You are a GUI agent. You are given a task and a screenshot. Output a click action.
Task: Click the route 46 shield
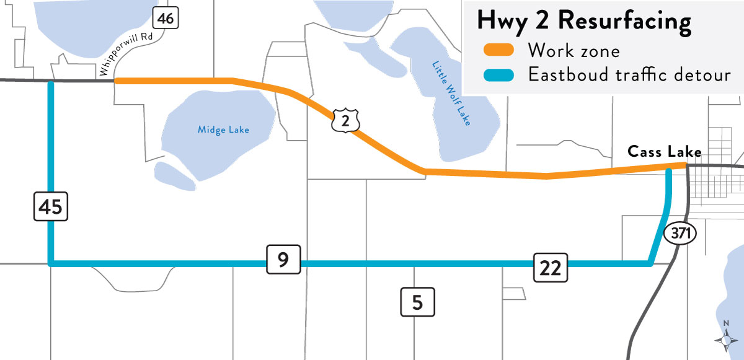165,19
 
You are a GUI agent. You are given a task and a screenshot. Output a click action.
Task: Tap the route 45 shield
50,206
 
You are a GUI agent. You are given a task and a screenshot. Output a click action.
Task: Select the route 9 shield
283,260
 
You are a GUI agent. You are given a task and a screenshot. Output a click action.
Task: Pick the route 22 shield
550,268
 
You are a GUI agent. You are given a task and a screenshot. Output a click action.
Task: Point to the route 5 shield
417,302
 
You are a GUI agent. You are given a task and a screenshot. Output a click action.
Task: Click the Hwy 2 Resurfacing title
583,20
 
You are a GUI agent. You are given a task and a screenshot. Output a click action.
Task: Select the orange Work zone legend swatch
495,50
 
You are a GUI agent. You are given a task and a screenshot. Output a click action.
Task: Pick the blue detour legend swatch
495,76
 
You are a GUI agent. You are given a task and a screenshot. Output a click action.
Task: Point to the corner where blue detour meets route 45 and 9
51,264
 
